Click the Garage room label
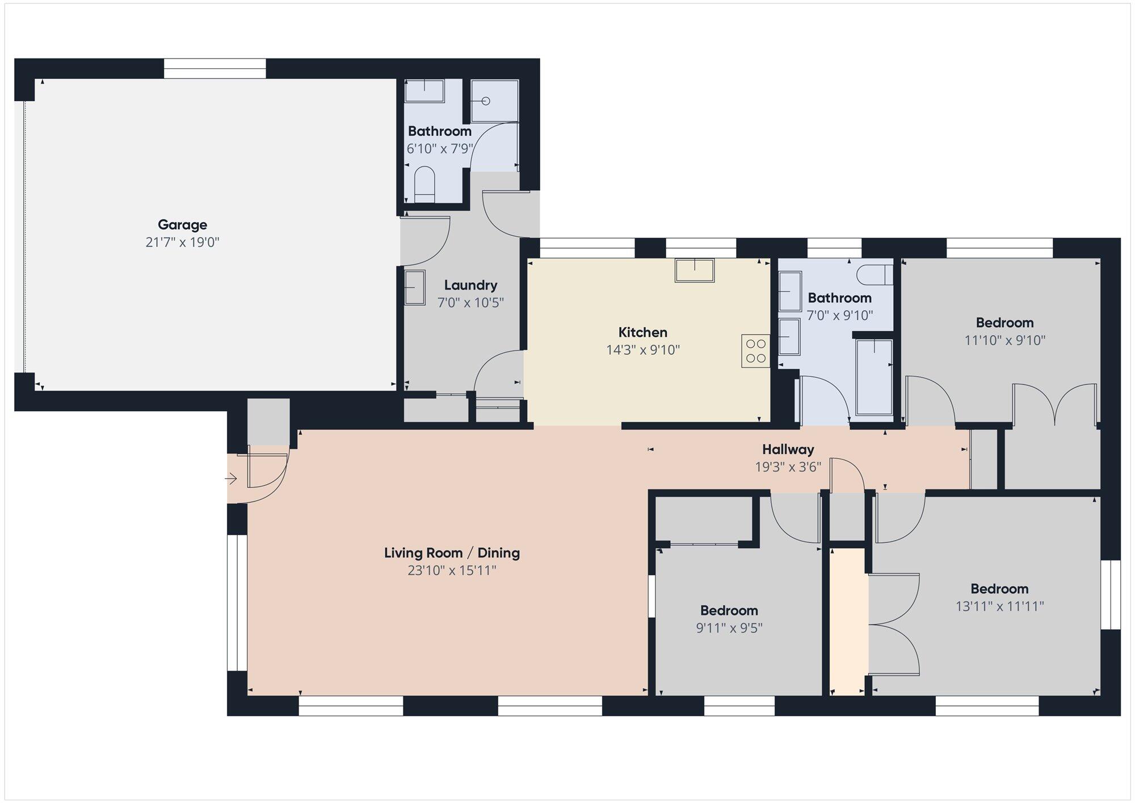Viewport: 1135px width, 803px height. click(182, 225)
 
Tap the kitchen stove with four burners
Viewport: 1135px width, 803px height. click(755, 351)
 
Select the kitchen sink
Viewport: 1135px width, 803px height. click(694, 270)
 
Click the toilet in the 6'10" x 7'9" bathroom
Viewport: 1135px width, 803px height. click(424, 184)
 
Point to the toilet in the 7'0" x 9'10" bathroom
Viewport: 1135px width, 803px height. click(875, 275)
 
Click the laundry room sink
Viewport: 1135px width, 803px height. click(415, 287)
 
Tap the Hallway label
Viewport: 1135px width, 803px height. click(788, 450)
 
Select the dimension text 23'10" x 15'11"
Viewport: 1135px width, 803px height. click(452, 570)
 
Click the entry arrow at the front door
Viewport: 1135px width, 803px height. click(231, 479)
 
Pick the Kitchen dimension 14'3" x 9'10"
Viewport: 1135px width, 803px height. click(643, 350)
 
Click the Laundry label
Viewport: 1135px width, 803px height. click(470, 285)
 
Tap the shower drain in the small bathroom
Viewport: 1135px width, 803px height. click(486, 101)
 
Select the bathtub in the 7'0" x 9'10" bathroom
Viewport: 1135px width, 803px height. click(874, 377)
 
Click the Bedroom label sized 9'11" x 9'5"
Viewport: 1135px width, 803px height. click(729, 611)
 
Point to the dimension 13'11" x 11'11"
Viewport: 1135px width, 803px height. click(1000, 607)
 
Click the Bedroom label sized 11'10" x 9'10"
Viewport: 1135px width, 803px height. click(1004, 323)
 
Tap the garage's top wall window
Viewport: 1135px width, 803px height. click(215, 69)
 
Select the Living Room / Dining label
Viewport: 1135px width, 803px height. click(452, 553)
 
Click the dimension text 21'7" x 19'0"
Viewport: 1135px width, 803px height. click(182, 242)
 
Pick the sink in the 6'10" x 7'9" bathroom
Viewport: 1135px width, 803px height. click(424, 91)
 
